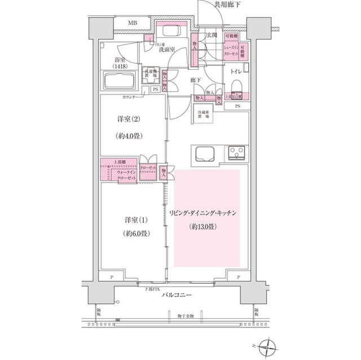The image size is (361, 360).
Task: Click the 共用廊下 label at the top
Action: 227,5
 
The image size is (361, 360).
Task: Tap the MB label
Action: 132,23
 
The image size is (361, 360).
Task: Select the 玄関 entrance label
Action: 212,35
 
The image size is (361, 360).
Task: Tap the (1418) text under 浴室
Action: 120,66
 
